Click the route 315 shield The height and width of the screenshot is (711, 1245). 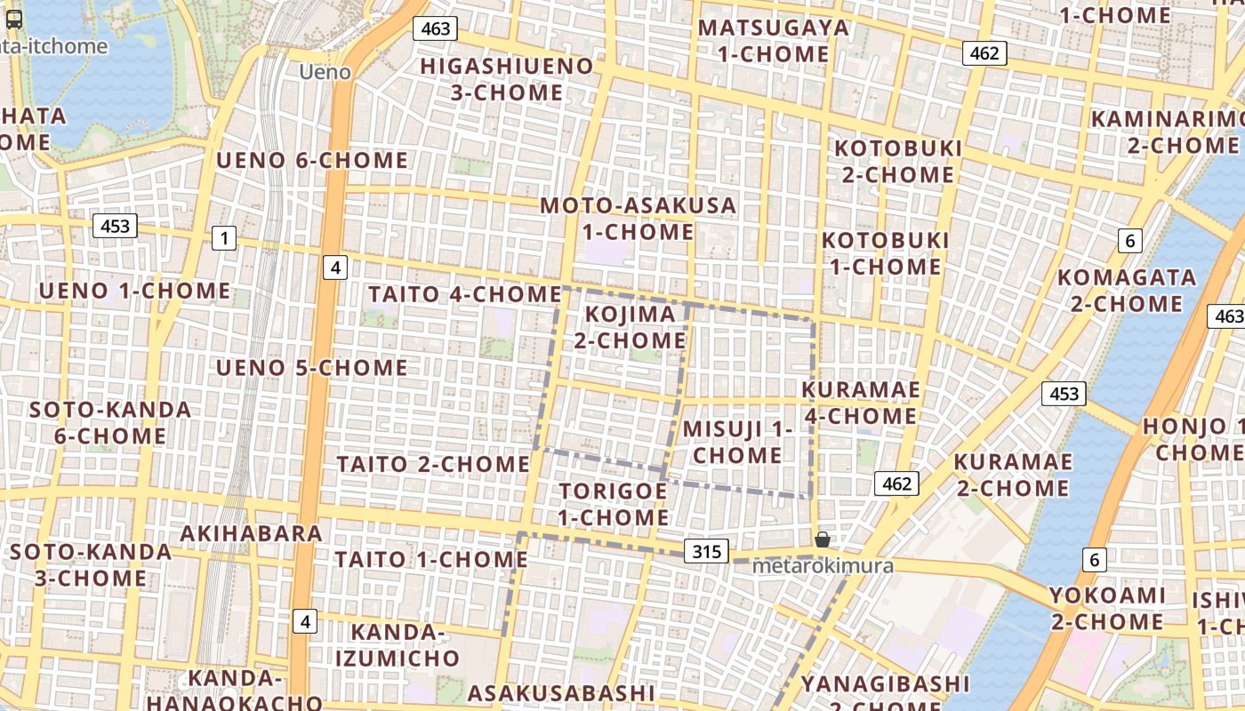click(707, 551)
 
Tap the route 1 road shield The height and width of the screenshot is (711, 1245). click(224, 238)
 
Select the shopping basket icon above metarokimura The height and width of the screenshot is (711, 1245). click(823, 539)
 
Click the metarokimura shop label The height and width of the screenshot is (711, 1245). click(823, 566)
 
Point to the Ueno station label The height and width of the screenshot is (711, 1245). click(325, 72)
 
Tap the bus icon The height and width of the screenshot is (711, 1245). click(13, 20)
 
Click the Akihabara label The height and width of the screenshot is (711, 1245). click(251, 533)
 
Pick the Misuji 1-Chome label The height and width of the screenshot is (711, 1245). click(737, 442)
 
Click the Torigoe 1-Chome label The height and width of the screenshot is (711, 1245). click(614, 504)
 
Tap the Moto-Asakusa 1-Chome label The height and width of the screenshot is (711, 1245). click(639, 219)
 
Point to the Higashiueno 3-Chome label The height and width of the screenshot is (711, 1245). click(506, 79)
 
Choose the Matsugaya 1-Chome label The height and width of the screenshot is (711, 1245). click(773, 41)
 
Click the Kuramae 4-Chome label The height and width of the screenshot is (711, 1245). click(860, 403)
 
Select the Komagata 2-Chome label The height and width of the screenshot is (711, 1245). click(1126, 291)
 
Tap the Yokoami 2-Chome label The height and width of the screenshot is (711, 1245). click(1107, 608)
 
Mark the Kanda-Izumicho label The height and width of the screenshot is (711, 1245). click(405, 645)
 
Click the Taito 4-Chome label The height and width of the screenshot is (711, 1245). click(464, 294)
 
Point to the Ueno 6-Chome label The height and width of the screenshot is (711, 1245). click(312, 161)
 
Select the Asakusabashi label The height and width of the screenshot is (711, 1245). click(561, 693)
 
